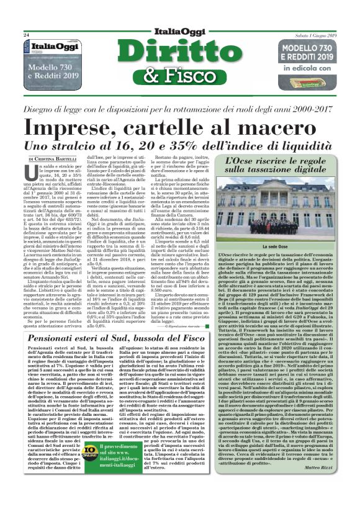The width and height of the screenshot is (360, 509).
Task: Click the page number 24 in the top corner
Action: (27, 35)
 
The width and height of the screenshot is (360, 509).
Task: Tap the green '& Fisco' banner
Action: (178, 76)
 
